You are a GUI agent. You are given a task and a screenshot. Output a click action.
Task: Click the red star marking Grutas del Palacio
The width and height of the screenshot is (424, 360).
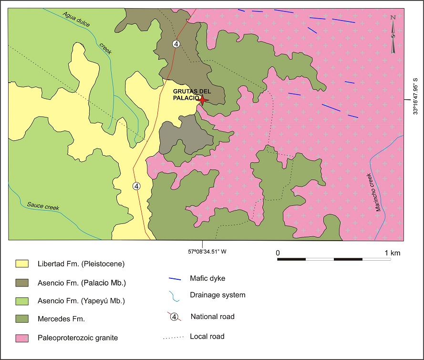(x=203, y=100)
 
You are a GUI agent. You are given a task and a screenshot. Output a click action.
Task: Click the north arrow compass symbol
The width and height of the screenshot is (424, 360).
(x=393, y=33)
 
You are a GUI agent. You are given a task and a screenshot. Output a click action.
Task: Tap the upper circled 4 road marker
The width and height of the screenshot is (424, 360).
(x=176, y=44)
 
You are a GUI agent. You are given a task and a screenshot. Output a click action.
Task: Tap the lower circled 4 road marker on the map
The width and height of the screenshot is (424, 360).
(x=137, y=186)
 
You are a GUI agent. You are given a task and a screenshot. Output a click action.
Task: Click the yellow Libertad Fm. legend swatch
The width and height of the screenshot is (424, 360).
(x=23, y=263)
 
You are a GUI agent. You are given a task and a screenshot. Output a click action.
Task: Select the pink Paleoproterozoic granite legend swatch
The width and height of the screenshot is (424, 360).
(x=23, y=338)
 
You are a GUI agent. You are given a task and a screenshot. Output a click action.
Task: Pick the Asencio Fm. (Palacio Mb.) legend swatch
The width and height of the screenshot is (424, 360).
(x=23, y=282)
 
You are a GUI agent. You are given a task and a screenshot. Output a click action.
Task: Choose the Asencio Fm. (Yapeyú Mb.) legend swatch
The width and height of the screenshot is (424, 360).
(x=23, y=301)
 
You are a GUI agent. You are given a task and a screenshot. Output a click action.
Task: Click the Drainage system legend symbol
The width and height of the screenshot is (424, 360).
(x=175, y=296)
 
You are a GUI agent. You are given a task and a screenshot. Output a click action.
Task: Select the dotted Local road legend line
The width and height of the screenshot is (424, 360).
(x=175, y=338)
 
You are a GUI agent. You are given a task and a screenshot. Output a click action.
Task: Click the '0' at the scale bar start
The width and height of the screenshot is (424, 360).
(x=278, y=252)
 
